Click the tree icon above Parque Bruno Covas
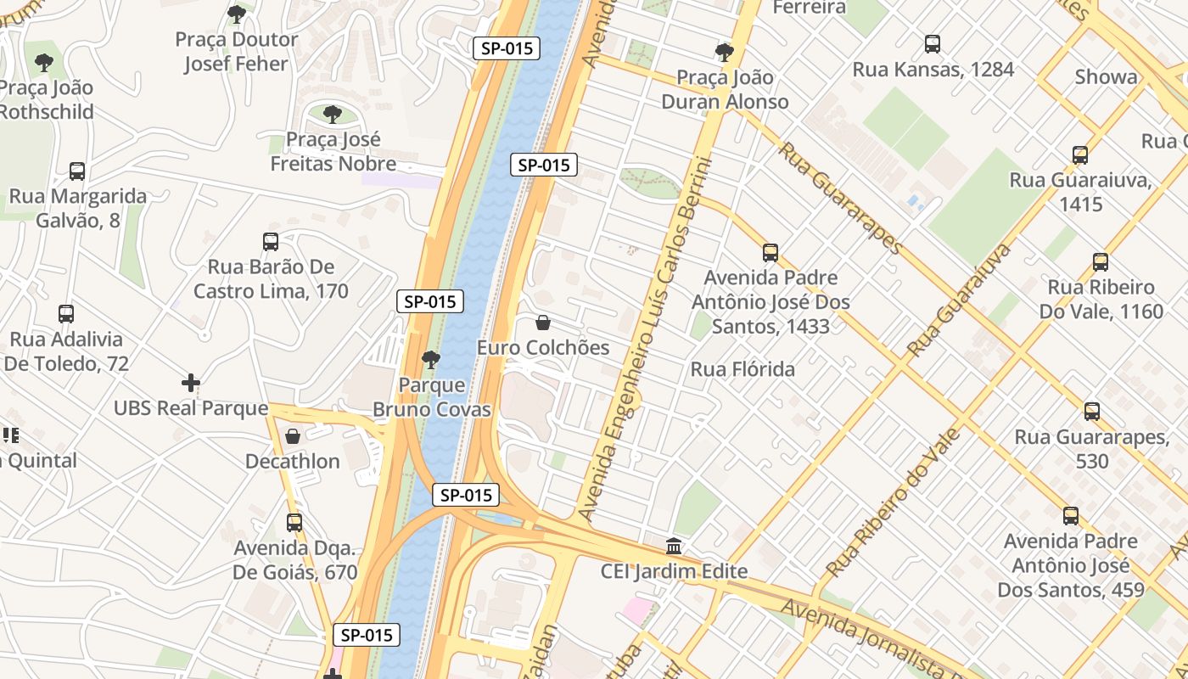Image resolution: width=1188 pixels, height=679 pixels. click(x=431, y=360)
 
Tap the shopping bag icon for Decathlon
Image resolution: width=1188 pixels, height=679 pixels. click(x=293, y=436)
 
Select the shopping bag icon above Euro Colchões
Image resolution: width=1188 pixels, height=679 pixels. click(x=543, y=323)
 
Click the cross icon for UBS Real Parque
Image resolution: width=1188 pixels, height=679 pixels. click(x=191, y=383)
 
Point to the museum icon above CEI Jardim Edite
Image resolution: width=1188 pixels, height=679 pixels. click(x=675, y=546)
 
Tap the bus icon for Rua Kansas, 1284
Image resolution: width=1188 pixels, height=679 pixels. click(x=933, y=44)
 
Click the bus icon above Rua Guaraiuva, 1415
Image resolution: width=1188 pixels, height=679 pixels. click(x=1080, y=155)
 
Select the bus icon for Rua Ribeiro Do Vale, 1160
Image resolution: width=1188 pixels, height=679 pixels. click(x=1101, y=262)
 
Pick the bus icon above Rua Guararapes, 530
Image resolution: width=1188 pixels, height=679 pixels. click(x=1092, y=412)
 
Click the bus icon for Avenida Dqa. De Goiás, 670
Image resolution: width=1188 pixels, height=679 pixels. click(x=294, y=523)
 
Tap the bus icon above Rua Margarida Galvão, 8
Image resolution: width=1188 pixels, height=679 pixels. click(x=77, y=171)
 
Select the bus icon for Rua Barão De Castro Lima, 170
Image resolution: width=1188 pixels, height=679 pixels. click(x=271, y=242)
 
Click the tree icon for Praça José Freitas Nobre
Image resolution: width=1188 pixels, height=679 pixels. click(x=333, y=114)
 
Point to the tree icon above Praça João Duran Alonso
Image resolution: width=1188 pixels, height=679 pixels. click(x=725, y=53)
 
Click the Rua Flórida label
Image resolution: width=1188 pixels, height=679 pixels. click(x=742, y=369)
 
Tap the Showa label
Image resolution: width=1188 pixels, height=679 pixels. click(x=1106, y=77)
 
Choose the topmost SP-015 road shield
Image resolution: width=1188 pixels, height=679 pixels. click(x=507, y=48)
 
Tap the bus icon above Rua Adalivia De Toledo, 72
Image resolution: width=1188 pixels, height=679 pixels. click(x=66, y=314)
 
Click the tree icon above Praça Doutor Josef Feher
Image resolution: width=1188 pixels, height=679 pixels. click(x=237, y=14)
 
